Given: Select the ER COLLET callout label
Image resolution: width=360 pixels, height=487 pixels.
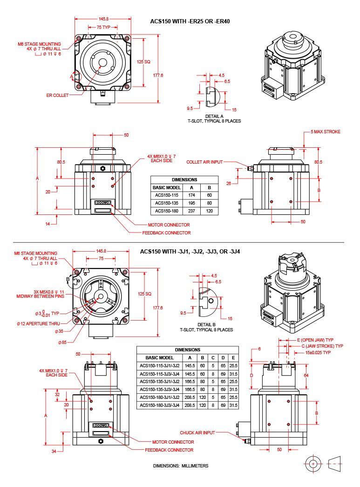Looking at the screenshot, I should pyautogui.click(x=57, y=95).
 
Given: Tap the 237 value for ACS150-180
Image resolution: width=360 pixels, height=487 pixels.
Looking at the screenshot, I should pyautogui.click(x=190, y=211).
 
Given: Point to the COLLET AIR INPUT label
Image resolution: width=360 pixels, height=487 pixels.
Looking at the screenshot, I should pyautogui.click(x=204, y=162).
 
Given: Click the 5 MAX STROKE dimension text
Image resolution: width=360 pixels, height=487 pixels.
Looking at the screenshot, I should pyautogui.click(x=326, y=132).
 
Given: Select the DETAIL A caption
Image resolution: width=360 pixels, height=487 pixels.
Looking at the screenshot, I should pyautogui.click(x=214, y=116).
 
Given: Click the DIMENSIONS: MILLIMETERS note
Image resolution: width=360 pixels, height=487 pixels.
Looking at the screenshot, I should pyautogui.click(x=181, y=466).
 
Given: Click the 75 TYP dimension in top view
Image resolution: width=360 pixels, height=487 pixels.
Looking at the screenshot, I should pyautogui.click(x=103, y=27).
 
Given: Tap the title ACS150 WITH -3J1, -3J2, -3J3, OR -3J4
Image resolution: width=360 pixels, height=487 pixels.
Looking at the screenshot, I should pyautogui.click(x=190, y=252).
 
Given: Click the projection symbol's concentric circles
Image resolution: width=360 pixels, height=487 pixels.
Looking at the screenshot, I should pyautogui.click(x=313, y=464).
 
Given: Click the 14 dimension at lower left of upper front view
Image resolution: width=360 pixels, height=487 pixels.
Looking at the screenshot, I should pyautogui.click(x=48, y=224).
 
